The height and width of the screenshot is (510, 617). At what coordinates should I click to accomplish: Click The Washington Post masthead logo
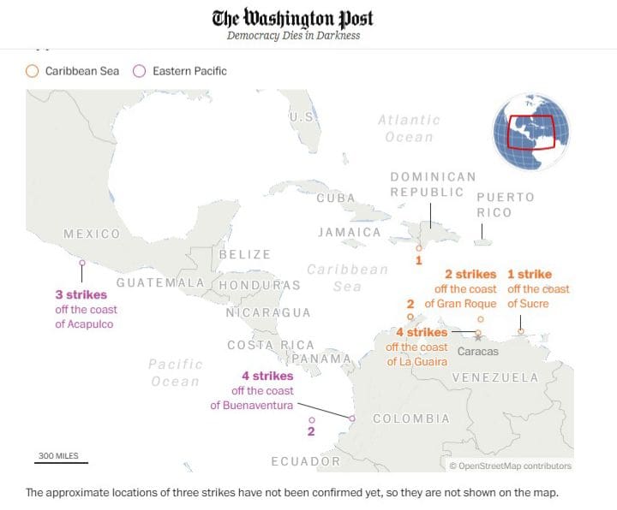pos(293,19)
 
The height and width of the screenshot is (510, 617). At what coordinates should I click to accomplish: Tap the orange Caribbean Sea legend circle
pos(32,71)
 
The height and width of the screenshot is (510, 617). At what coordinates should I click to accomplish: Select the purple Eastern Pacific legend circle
pos(139,71)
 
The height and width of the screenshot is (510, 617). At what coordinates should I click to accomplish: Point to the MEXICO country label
pos(92,234)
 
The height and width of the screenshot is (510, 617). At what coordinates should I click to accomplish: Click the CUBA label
pos(336,199)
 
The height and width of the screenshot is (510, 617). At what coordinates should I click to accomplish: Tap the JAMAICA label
pos(349,233)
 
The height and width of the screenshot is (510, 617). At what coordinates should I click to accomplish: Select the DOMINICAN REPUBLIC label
pos(433,184)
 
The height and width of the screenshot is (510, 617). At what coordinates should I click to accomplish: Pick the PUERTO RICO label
pos(506,205)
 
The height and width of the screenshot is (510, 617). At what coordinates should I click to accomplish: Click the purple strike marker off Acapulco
pos(82,264)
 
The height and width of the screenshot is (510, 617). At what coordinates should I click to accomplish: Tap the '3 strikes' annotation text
pos(81,294)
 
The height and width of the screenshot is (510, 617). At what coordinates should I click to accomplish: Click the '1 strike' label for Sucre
pos(530,275)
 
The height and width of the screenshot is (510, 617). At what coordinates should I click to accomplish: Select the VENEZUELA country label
pos(495,377)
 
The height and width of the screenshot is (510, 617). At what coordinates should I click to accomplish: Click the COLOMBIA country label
pos(411,418)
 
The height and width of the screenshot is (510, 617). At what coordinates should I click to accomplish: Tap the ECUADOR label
pos(305,461)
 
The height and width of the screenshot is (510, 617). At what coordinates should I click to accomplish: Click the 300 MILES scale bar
pos(61,460)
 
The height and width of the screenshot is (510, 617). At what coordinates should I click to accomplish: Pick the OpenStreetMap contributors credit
pos(510,466)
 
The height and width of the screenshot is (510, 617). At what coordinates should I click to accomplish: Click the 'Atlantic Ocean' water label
pos(409,128)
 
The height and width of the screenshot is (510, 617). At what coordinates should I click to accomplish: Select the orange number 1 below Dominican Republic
pos(418,259)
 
